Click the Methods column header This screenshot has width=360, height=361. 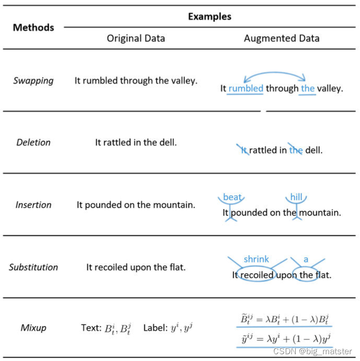(x=33, y=28)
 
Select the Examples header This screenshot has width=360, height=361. (x=210, y=16)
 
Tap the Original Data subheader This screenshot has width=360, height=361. (x=136, y=38)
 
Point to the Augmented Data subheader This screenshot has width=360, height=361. (x=282, y=38)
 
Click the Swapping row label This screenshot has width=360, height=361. (x=33, y=80)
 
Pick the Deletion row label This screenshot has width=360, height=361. (x=33, y=142)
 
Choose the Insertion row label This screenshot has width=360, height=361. (x=33, y=205)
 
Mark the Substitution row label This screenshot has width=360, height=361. (x=33, y=267)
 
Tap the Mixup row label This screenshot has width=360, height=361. (x=33, y=328)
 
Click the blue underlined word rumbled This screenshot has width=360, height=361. (x=246, y=88)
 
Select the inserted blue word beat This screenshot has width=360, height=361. (x=232, y=197)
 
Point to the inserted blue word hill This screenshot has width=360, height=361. (x=296, y=197)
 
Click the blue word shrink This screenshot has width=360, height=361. (x=256, y=259)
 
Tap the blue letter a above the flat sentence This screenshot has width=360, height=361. (x=306, y=259)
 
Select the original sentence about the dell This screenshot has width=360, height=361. (x=136, y=142)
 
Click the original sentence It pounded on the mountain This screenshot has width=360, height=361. (x=136, y=205)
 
